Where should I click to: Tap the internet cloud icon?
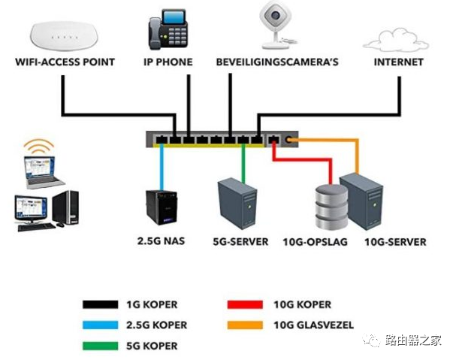[397, 38]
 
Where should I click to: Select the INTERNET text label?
[398, 62]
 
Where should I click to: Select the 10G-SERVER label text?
[394, 242]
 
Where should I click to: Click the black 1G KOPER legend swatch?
[101, 305]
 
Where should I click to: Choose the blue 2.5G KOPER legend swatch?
[101, 325]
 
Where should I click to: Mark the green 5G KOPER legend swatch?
[101, 346]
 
